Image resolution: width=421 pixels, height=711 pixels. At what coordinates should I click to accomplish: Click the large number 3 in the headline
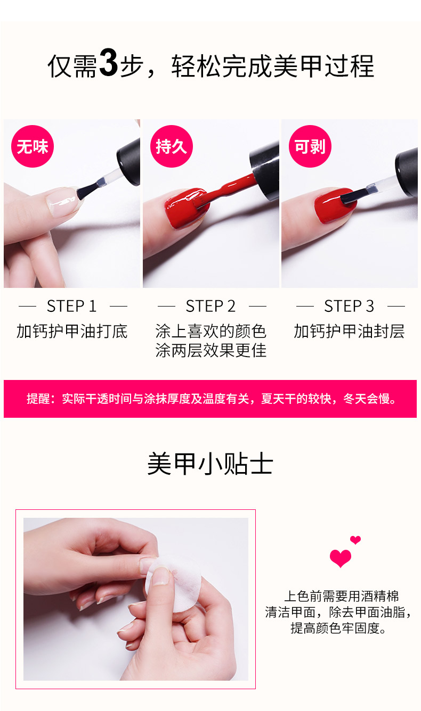tap(108, 62)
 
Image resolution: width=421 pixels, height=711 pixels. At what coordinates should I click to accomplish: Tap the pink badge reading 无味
tap(33, 146)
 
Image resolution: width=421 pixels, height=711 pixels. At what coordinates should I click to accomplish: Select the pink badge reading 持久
tap(172, 146)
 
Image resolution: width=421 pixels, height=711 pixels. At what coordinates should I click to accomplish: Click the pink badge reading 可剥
tap(310, 146)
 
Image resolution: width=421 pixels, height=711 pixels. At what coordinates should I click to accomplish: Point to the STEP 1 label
tap(71, 307)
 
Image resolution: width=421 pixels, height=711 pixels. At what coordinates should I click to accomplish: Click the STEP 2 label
tap(210, 307)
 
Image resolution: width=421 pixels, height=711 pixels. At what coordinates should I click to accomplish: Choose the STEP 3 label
tap(349, 307)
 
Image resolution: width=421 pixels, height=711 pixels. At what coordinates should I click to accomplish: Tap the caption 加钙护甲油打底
tap(72, 332)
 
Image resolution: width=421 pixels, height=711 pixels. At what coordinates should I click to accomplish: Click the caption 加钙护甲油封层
tap(349, 332)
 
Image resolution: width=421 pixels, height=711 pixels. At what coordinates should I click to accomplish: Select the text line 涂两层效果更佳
tap(211, 350)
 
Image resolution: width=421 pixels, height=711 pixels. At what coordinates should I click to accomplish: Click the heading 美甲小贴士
tap(210, 464)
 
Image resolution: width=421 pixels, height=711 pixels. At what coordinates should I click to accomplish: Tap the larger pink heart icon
tap(341, 558)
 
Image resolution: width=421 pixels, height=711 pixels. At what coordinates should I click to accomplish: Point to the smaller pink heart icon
tap(355, 540)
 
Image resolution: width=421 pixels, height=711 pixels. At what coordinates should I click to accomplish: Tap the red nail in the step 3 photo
tap(334, 206)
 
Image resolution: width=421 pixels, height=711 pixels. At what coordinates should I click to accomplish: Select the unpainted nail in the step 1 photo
tap(62, 202)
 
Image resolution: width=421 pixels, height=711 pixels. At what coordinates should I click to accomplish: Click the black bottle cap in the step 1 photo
tap(128, 162)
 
